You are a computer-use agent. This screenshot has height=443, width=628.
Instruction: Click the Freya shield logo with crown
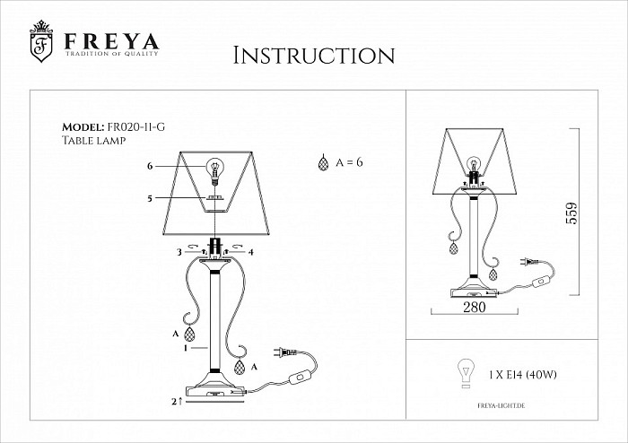(41, 41)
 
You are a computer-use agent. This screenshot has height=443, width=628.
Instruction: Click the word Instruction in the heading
(314, 56)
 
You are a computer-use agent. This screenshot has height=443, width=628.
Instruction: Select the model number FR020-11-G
(135, 127)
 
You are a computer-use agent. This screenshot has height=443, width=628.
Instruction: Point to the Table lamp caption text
(93, 141)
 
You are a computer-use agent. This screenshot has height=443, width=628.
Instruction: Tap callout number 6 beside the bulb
(150, 166)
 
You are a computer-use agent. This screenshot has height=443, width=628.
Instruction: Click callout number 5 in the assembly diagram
(150, 198)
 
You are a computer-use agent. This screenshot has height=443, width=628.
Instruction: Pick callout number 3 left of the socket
(179, 252)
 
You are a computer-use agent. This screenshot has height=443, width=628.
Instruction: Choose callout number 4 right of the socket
(251, 252)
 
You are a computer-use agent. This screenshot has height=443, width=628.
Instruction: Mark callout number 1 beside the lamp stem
(186, 348)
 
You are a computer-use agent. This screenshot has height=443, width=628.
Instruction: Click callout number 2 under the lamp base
(174, 402)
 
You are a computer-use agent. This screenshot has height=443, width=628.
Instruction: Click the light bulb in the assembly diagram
(215, 170)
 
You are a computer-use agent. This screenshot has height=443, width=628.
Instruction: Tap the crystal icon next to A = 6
(323, 163)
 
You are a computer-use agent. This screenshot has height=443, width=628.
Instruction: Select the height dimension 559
(572, 213)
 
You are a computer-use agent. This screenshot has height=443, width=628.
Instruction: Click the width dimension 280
(475, 307)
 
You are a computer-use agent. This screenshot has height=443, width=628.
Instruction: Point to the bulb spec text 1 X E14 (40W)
(523, 375)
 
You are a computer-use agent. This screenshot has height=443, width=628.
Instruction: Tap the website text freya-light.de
(501, 405)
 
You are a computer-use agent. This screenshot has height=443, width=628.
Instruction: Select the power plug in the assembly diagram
(284, 352)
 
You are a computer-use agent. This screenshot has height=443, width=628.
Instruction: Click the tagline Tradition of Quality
(112, 53)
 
